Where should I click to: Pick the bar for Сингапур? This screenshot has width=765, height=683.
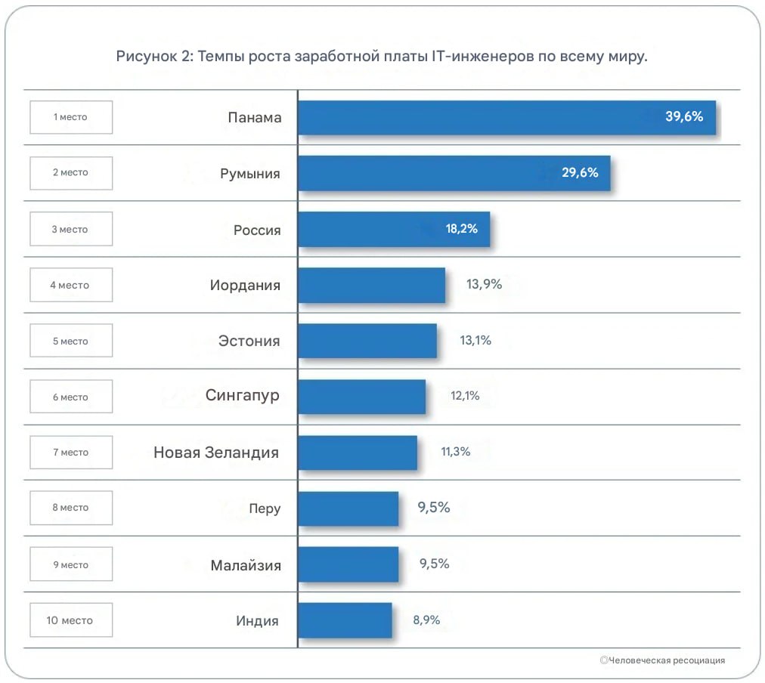click(x=361, y=397)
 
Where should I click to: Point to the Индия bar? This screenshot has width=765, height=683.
click(x=345, y=620)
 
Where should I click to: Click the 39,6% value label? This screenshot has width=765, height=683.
click(x=684, y=116)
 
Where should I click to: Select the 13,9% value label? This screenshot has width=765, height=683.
click(x=484, y=285)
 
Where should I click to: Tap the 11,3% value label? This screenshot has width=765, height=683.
click(x=455, y=452)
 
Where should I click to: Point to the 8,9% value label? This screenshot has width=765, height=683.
click(x=426, y=620)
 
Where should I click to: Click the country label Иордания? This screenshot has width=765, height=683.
click(x=245, y=286)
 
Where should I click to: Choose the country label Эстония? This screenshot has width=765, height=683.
click(x=249, y=341)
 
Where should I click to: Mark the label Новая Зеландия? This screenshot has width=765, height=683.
click(x=216, y=453)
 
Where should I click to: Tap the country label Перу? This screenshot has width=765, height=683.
click(x=265, y=508)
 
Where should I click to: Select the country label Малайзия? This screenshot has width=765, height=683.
click(x=246, y=565)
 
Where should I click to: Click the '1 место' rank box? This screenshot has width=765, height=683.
click(x=71, y=117)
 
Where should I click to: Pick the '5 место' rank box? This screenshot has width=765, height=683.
click(x=71, y=341)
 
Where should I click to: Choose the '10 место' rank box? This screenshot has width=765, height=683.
click(x=71, y=620)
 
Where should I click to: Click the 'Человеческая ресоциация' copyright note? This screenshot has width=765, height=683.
click(x=665, y=660)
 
